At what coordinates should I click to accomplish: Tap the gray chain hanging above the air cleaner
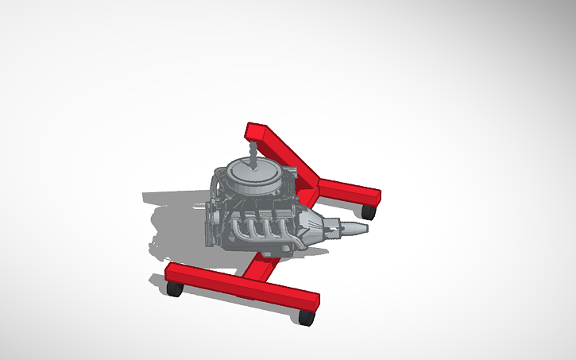coord(253,151)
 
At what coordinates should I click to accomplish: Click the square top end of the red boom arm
coord(254,130)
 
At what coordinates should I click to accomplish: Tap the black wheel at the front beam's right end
coord(308,318)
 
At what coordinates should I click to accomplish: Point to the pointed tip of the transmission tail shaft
coord(365,228)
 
